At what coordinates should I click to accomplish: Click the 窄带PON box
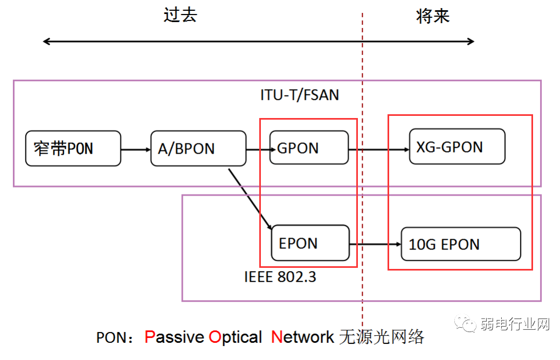(73, 148)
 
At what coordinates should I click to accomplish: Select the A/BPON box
(198, 148)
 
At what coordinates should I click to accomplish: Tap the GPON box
(309, 148)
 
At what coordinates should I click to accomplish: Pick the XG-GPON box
(457, 147)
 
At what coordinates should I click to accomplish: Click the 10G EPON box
(461, 244)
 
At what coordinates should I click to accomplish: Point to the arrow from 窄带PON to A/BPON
(136, 149)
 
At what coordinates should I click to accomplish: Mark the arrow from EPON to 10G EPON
(375, 244)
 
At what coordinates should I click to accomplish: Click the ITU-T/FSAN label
(300, 95)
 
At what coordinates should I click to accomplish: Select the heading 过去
(180, 15)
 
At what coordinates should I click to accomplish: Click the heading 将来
(433, 16)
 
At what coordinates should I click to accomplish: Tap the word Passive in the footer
(175, 337)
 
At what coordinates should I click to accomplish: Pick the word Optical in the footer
(236, 338)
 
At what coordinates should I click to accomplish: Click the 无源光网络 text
(382, 337)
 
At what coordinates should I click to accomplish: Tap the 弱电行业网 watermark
(514, 324)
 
